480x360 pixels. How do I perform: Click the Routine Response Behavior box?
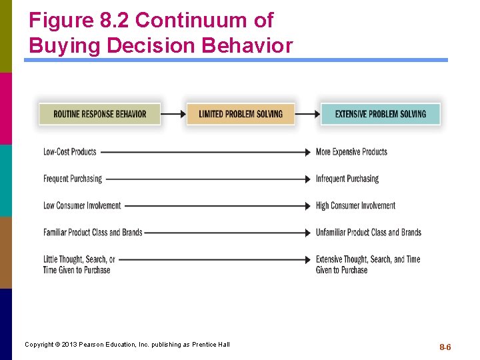(99, 114)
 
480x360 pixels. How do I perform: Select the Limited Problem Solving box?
(241, 114)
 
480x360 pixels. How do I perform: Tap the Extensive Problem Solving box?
(380, 114)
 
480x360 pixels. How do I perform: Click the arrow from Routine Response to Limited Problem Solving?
(173, 114)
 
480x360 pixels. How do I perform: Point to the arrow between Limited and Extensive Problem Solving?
(307, 114)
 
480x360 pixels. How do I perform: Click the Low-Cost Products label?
(70, 152)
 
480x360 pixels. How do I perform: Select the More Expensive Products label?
(351, 152)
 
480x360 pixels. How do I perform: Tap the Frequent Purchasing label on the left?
(73, 179)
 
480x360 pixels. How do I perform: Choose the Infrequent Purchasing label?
(347, 179)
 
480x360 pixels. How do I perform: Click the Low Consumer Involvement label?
(82, 205)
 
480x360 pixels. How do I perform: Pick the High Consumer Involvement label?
(355, 205)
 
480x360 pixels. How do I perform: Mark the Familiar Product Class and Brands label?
(93, 232)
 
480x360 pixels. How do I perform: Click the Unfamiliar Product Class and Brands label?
(369, 232)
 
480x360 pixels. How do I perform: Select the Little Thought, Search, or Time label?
(79, 265)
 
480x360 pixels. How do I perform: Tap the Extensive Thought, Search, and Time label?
(368, 265)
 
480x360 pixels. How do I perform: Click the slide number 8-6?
(445, 347)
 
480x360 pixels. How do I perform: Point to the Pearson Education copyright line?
(127, 344)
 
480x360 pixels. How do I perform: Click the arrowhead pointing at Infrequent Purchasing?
(307, 179)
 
